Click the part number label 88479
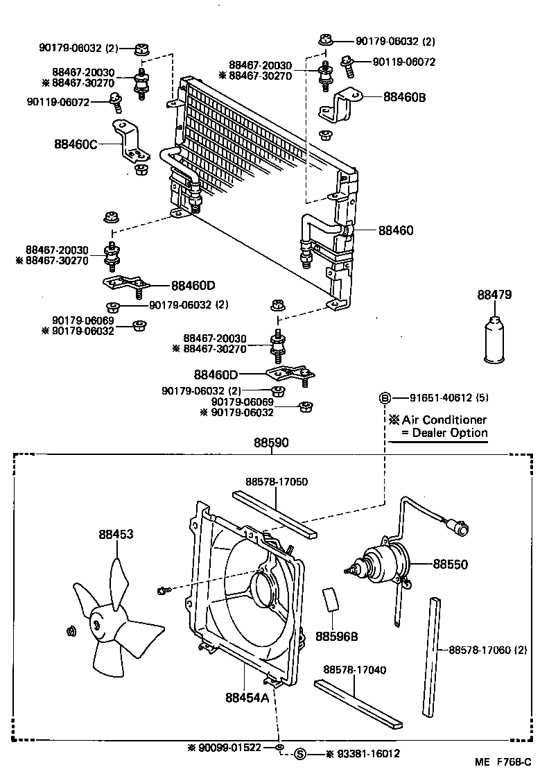pos(494,295)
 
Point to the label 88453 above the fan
pos(116,534)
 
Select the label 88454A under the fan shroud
pos(246,697)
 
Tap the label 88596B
pos(338,636)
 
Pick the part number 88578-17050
pos(277,481)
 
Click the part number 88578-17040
pos(355,669)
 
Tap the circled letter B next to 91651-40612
pos(383,398)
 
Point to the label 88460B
pos(404,98)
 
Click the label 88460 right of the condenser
pos(396,230)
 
